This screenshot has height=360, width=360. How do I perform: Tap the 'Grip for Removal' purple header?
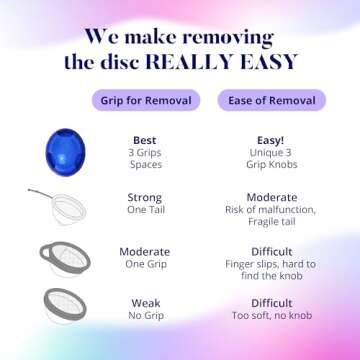click(x=146, y=100)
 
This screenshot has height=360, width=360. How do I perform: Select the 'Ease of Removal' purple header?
click(x=273, y=100)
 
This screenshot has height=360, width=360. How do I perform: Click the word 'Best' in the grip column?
click(x=146, y=139)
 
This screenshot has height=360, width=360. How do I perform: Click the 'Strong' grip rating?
click(x=146, y=198)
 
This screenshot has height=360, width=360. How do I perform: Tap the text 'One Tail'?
click(x=146, y=210)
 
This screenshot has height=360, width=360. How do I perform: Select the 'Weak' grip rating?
click(x=146, y=302)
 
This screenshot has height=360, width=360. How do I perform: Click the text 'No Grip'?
click(x=146, y=315)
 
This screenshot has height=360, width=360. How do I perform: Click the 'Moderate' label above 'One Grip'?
click(x=146, y=251)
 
